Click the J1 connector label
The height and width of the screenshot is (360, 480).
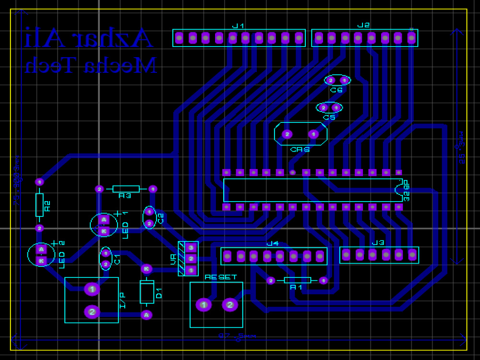(238, 25)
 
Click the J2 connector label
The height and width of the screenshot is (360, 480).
(363, 25)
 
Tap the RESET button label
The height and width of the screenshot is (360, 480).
(221, 277)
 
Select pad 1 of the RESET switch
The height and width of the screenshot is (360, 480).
(204, 305)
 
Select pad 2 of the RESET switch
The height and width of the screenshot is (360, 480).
(230, 305)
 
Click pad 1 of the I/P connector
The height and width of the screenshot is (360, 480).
(92, 289)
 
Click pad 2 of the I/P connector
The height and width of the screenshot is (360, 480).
(92, 312)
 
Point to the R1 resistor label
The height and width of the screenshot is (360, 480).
(296, 287)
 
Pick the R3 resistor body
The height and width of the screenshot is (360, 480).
(126, 189)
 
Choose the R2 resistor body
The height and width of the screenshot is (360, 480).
(40, 205)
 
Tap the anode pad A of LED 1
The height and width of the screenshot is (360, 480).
(103, 220)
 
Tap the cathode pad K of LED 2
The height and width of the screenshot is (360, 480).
(41, 261)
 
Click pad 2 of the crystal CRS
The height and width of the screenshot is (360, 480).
(287, 134)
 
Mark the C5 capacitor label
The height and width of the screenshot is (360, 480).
(329, 117)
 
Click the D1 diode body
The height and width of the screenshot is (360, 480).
(147, 292)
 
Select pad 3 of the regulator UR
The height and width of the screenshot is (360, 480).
(191, 248)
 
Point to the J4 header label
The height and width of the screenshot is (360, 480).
(273, 243)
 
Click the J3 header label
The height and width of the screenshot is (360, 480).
(378, 243)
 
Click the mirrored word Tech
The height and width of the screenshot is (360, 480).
(51, 65)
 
